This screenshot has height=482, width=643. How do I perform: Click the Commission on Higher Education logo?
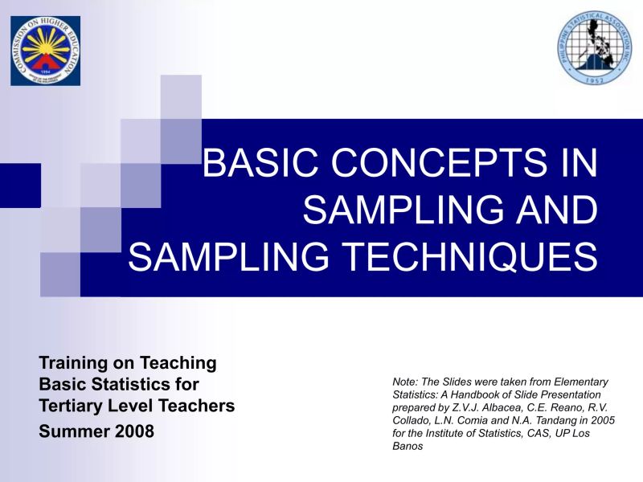(45, 50)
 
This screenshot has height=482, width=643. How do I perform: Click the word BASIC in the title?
(256, 163)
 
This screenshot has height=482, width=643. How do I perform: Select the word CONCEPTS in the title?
(435, 163)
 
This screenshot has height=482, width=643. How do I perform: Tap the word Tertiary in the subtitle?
(73, 406)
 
